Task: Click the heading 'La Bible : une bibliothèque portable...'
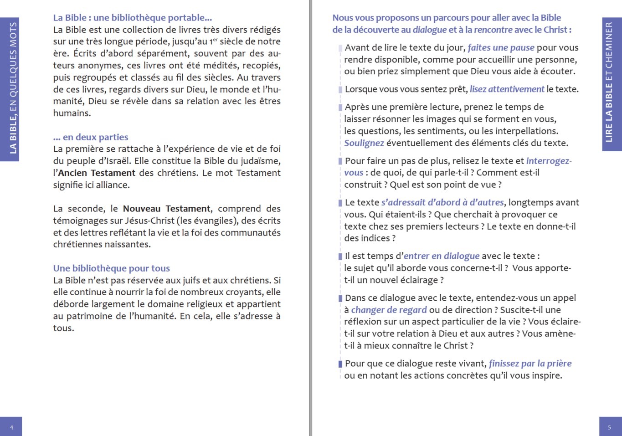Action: coord(132,18)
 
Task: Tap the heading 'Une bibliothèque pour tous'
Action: coord(111,268)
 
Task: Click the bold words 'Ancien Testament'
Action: coord(97,173)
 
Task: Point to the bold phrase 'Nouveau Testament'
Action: coord(166,209)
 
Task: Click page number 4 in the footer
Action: coord(11,427)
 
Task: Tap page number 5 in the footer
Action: coord(610,427)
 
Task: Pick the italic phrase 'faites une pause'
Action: coord(501,48)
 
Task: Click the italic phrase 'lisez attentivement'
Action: coord(507,89)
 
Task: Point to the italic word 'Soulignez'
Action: coord(364,143)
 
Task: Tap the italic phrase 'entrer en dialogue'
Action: coord(441,256)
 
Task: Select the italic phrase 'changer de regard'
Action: coord(389,310)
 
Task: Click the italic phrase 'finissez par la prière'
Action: coord(530,364)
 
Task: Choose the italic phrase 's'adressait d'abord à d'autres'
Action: coord(442,203)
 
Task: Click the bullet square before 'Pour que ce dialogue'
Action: coord(340,364)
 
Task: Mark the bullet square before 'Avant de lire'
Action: coord(340,48)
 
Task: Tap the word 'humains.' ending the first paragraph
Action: coord(72,113)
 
